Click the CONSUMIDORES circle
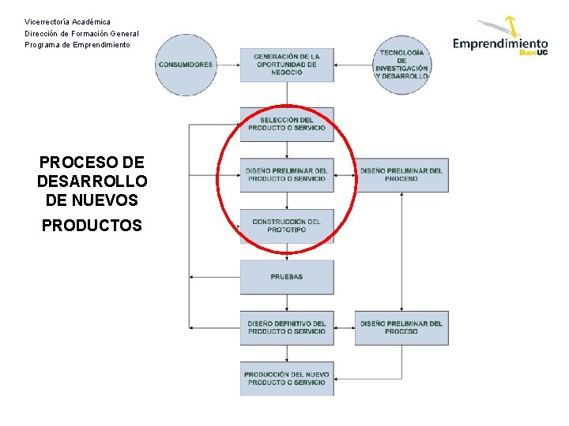[x=186, y=65]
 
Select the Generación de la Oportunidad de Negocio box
[x=287, y=65]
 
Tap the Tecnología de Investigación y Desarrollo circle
[x=401, y=65]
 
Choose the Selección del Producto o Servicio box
[x=287, y=124]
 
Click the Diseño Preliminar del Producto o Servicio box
[x=287, y=174]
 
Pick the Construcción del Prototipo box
[x=287, y=226]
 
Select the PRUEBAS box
[x=287, y=277]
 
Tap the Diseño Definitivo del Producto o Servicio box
[x=287, y=327]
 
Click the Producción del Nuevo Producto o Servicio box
[x=287, y=378]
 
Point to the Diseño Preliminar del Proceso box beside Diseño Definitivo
[x=401, y=327]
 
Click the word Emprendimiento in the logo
[x=499, y=43]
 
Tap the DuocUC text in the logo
[x=533, y=53]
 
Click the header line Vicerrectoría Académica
[x=68, y=22]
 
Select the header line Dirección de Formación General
[x=81, y=33]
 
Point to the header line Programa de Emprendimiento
[x=77, y=45]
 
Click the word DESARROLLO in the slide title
[x=92, y=181]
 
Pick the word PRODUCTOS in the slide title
[x=92, y=226]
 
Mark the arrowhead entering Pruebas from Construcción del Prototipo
[x=287, y=257]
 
